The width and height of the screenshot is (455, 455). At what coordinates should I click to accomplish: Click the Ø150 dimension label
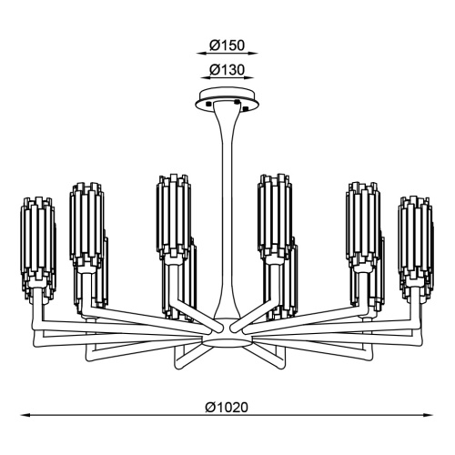point(227,45)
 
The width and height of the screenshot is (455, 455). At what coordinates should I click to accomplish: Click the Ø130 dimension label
point(227,70)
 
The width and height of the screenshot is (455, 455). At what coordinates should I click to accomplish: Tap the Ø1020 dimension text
point(227,408)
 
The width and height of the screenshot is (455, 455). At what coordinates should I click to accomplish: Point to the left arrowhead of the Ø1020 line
point(25,415)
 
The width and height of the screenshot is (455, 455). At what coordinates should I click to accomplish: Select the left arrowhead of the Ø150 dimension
point(201,54)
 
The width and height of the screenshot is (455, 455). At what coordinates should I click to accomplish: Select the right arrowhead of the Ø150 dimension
point(252,54)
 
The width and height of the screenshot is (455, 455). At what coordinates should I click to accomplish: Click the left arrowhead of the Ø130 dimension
point(206,78)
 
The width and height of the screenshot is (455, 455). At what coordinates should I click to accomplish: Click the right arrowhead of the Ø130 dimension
point(248,78)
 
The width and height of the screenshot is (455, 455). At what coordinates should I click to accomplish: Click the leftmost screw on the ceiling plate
point(208,104)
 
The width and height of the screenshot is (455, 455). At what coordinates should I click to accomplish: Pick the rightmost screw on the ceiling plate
point(246,107)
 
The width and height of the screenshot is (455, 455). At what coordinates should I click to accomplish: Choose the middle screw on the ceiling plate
point(238,102)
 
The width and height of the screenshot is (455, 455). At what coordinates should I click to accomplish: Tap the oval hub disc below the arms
point(227,342)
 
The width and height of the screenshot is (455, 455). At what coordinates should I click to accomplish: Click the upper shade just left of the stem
point(174,217)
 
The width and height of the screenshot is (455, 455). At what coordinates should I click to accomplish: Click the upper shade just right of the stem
point(275,217)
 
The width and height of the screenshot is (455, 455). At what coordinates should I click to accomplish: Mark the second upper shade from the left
point(86,223)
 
